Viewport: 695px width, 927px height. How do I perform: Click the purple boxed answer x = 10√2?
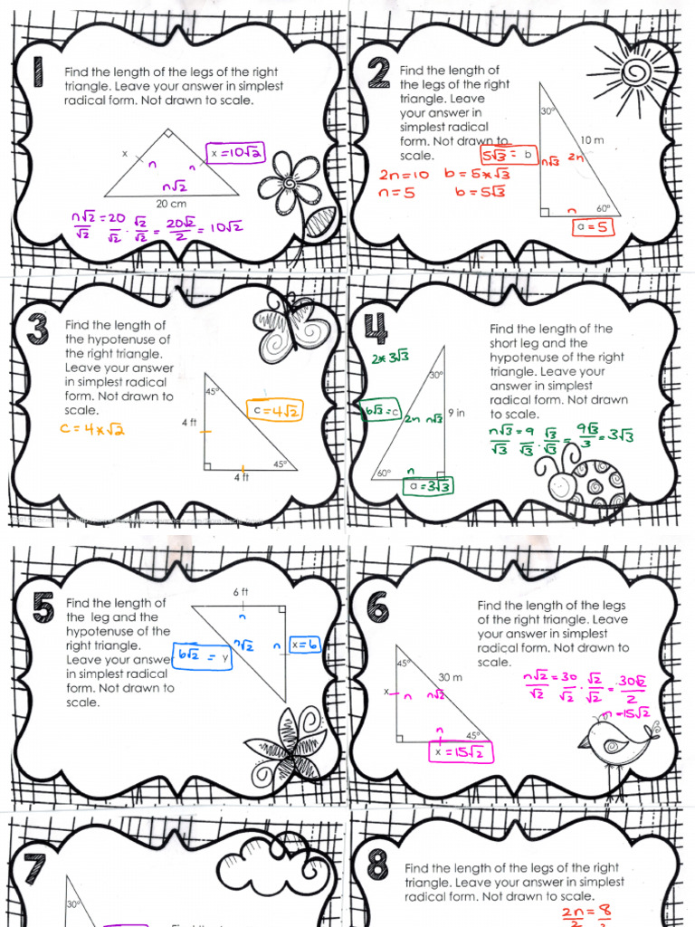click(234, 153)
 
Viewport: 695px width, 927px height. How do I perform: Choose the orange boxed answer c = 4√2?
click(275, 411)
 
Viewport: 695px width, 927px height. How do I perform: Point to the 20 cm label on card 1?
click(171, 204)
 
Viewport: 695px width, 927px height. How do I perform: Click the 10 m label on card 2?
click(592, 140)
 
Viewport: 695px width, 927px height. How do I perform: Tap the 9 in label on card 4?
click(456, 413)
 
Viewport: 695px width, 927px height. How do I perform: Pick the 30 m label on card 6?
click(450, 677)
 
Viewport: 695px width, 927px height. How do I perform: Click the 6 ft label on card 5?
click(241, 591)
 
